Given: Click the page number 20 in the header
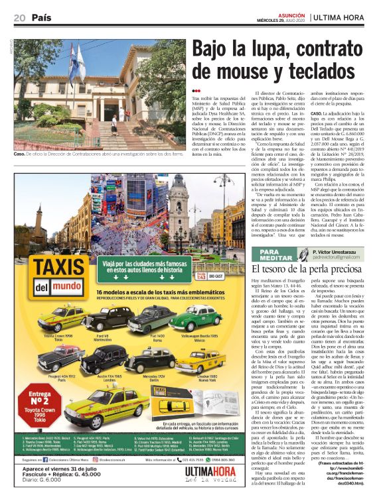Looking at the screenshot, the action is (x=19, y=17).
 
